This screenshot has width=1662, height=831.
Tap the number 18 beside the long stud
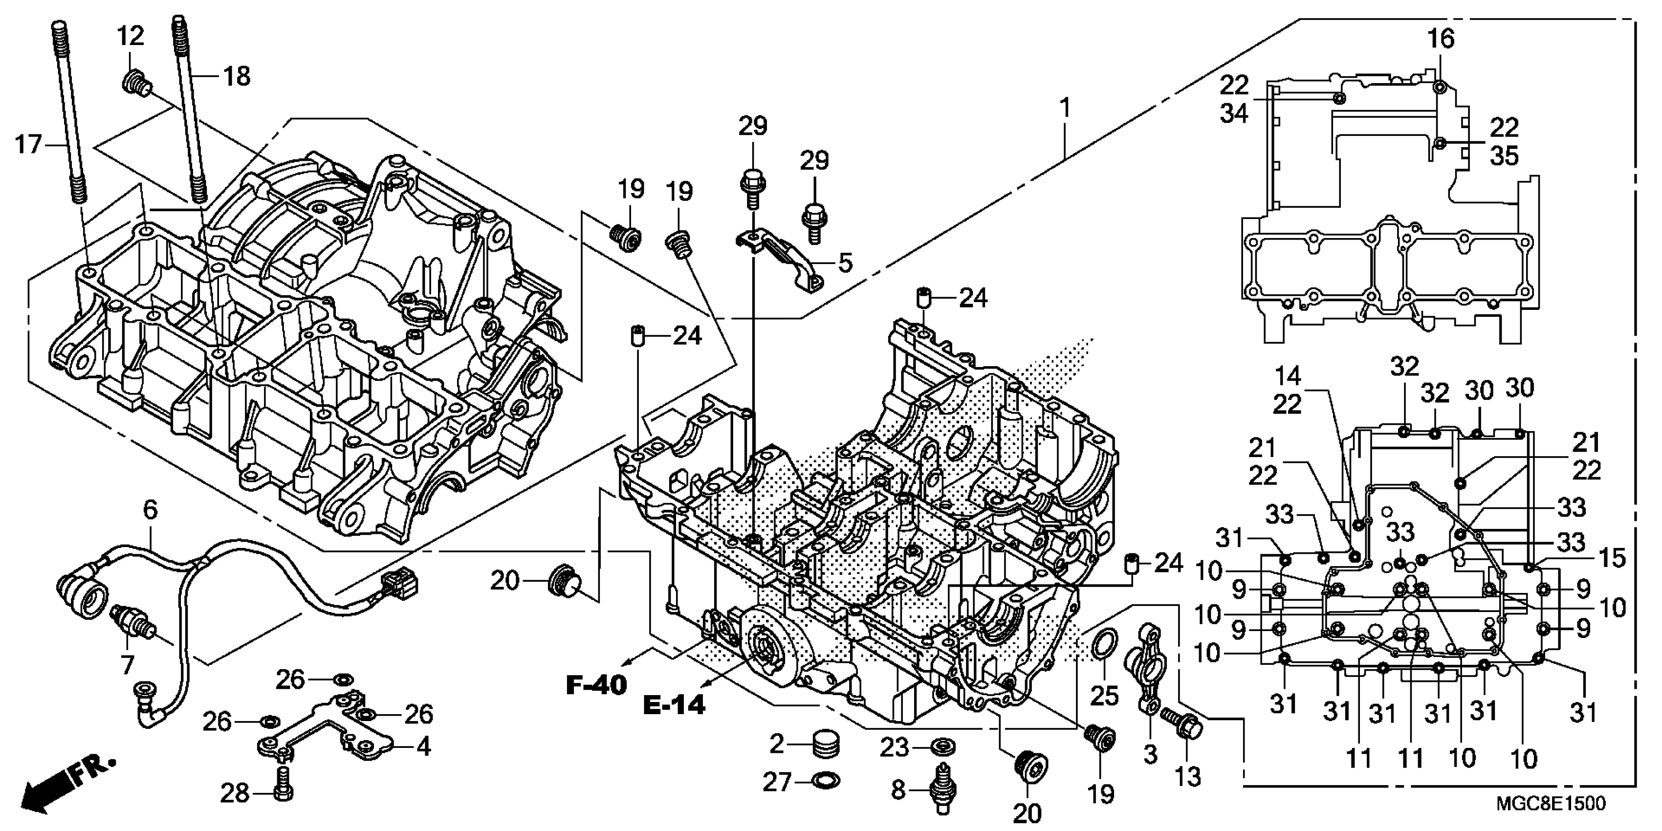pyautogui.click(x=236, y=76)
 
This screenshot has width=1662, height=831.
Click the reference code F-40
pyautogui.click(x=597, y=684)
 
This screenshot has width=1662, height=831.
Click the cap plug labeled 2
pyautogui.click(x=825, y=744)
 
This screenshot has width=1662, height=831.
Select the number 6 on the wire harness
pyautogui.click(x=150, y=510)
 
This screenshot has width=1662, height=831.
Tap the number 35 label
pyautogui.click(x=1504, y=156)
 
